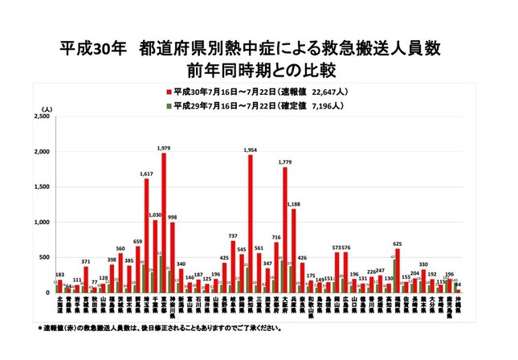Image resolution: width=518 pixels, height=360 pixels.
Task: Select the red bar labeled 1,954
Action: click(250, 223)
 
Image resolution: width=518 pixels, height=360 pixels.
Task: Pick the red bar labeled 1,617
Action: click(146, 235)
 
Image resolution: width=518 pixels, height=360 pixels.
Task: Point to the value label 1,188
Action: click(294, 204)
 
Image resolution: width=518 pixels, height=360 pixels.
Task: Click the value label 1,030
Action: click(155, 215)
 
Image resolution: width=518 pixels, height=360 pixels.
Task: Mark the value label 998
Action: click(173, 217)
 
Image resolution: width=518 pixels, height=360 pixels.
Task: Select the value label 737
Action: click(233, 235)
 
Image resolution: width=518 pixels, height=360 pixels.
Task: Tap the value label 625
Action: click(397, 243)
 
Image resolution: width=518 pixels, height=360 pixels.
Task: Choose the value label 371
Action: click(86, 262)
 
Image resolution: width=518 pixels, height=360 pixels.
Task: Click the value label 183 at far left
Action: click(59, 275)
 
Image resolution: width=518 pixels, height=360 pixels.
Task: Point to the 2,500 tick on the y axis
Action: click(42, 117)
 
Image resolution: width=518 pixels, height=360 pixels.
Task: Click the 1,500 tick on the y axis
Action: click(42, 187)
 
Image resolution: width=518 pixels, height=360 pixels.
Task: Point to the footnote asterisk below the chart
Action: click(40, 329)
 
